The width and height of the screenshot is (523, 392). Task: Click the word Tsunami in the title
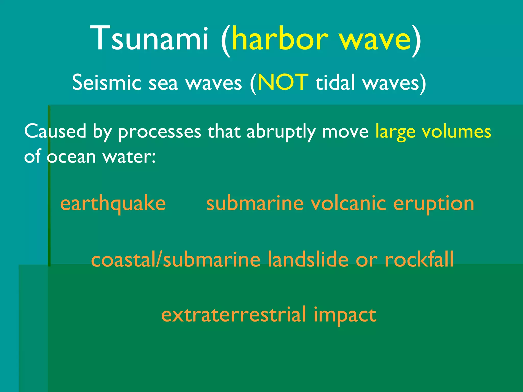[149, 38]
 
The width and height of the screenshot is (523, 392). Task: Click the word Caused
[55, 131]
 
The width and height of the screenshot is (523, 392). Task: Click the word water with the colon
[129, 156]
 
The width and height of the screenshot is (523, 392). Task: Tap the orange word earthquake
[113, 204]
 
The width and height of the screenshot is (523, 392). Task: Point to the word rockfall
[419, 259]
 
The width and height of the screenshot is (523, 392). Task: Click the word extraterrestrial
[234, 314]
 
